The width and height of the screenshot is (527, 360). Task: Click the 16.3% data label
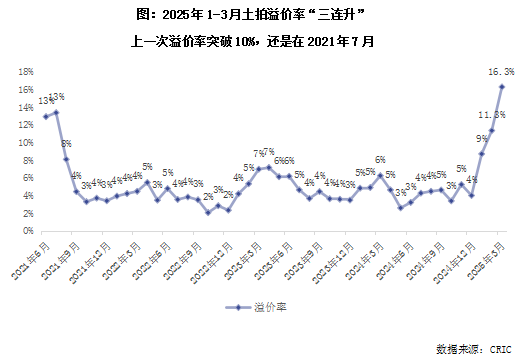click(x=501, y=71)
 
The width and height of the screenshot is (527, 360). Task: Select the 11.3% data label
click(x=490, y=115)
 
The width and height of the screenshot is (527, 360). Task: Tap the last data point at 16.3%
click(x=501, y=87)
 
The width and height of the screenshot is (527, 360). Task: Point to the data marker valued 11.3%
click(x=491, y=131)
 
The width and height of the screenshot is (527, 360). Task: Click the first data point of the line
click(x=45, y=116)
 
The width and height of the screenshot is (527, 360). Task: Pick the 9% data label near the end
click(x=481, y=138)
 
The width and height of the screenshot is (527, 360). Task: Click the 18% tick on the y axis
click(x=26, y=72)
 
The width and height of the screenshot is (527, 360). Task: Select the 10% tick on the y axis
click(x=26, y=142)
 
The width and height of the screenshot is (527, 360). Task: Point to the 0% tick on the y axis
click(x=28, y=230)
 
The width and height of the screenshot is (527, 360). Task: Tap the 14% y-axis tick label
click(x=26, y=107)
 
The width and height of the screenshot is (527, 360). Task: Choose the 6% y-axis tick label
click(x=28, y=177)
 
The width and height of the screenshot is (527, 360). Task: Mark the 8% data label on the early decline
click(x=66, y=144)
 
